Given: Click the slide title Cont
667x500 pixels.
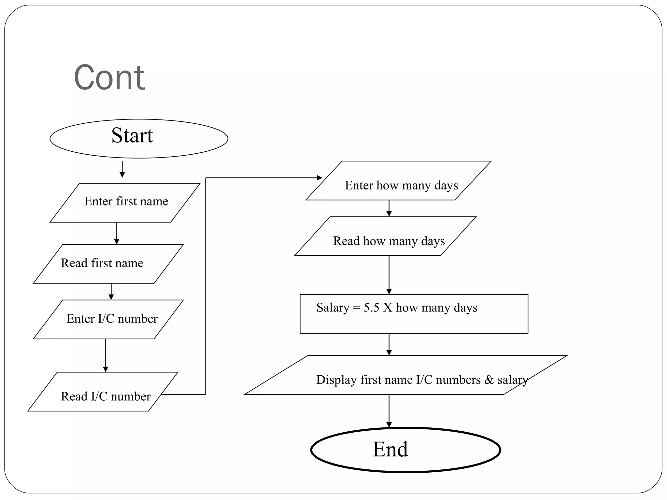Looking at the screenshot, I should pyautogui.click(x=109, y=78).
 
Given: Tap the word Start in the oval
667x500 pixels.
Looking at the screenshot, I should pyautogui.click(x=132, y=135).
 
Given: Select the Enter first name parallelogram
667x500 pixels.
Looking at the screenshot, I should pyautogui.click(x=126, y=202).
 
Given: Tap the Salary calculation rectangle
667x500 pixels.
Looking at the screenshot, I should pyautogui.click(x=414, y=314).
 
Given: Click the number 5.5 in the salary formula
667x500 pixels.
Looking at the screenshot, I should pyautogui.click(x=371, y=308).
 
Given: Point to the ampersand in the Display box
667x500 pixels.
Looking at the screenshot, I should pyautogui.click(x=489, y=380).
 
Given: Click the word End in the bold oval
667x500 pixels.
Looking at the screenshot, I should pyautogui.click(x=390, y=450).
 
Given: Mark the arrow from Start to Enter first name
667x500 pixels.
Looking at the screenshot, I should pyautogui.click(x=122, y=169).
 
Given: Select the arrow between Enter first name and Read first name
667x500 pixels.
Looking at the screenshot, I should pyautogui.click(x=117, y=233).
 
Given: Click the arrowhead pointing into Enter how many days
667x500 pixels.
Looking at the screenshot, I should pyautogui.click(x=319, y=178).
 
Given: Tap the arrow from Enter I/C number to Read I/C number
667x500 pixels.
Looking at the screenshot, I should pyautogui.click(x=106, y=355).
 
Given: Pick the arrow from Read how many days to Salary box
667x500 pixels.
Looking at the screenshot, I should pyautogui.click(x=389, y=275).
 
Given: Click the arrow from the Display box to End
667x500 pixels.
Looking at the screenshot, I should pyautogui.click(x=389, y=411).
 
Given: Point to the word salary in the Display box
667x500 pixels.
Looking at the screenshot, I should pyautogui.click(x=512, y=380).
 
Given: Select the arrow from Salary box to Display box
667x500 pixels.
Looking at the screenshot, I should pyautogui.click(x=389, y=344).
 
